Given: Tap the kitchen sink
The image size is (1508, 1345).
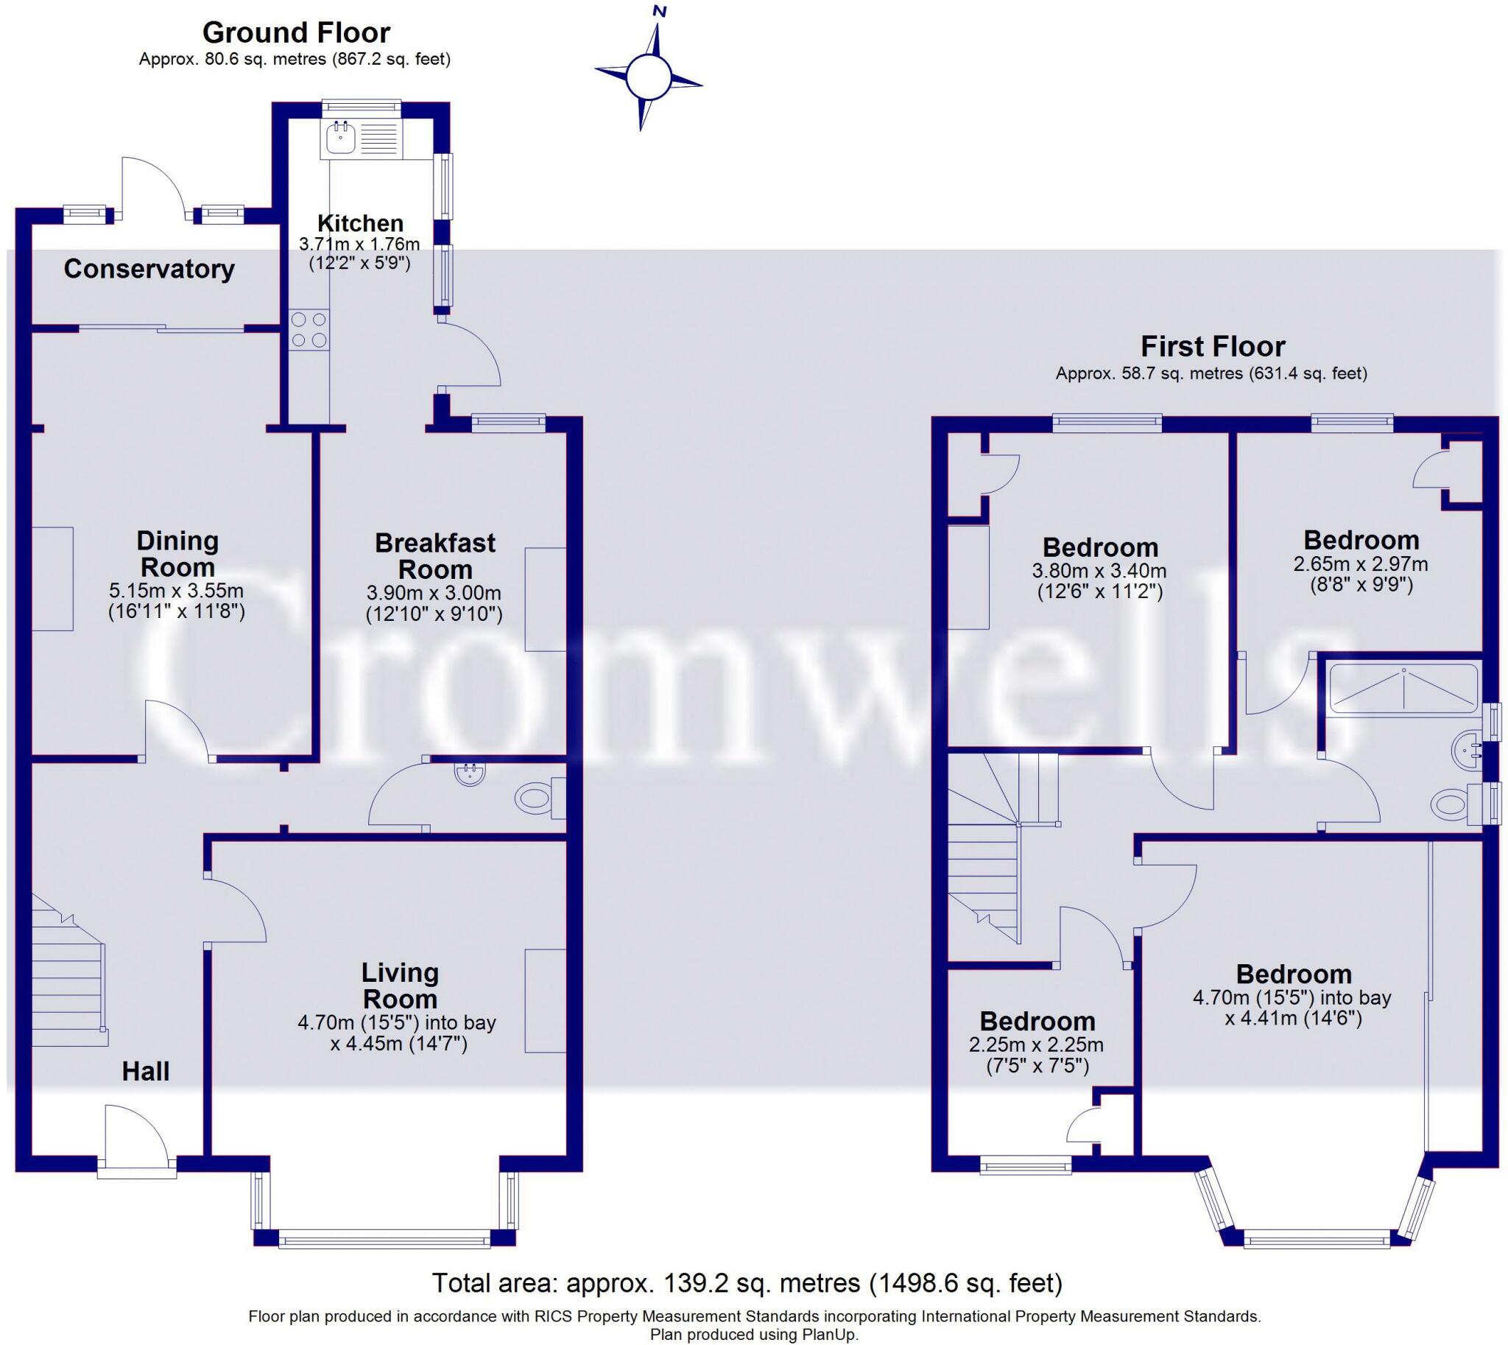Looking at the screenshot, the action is pyautogui.click(x=341, y=138).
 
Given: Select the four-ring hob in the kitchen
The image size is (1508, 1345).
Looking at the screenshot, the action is pyautogui.click(x=309, y=329).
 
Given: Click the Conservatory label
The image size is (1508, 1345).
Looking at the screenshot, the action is pyautogui.click(x=149, y=269).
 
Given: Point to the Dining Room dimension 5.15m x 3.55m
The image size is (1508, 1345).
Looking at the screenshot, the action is pyautogui.click(x=177, y=591).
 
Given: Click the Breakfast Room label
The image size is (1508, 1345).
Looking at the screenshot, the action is pyautogui.click(x=435, y=556).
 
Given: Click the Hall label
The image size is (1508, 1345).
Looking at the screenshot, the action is pyautogui.click(x=146, y=1071).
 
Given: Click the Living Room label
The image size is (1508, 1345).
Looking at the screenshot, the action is pyautogui.click(x=400, y=986).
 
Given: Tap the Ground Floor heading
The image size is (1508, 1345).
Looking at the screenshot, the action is pyautogui.click(x=295, y=32).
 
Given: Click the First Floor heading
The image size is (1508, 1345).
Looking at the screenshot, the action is pyautogui.click(x=1213, y=346).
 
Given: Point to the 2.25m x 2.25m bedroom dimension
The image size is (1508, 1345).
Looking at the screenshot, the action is pyautogui.click(x=1037, y=1045).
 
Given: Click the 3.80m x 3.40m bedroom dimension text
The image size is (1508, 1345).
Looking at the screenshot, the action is pyautogui.click(x=1099, y=571).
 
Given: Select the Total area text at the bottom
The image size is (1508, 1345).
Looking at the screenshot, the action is pyautogui.click(x=746, y=1282).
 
